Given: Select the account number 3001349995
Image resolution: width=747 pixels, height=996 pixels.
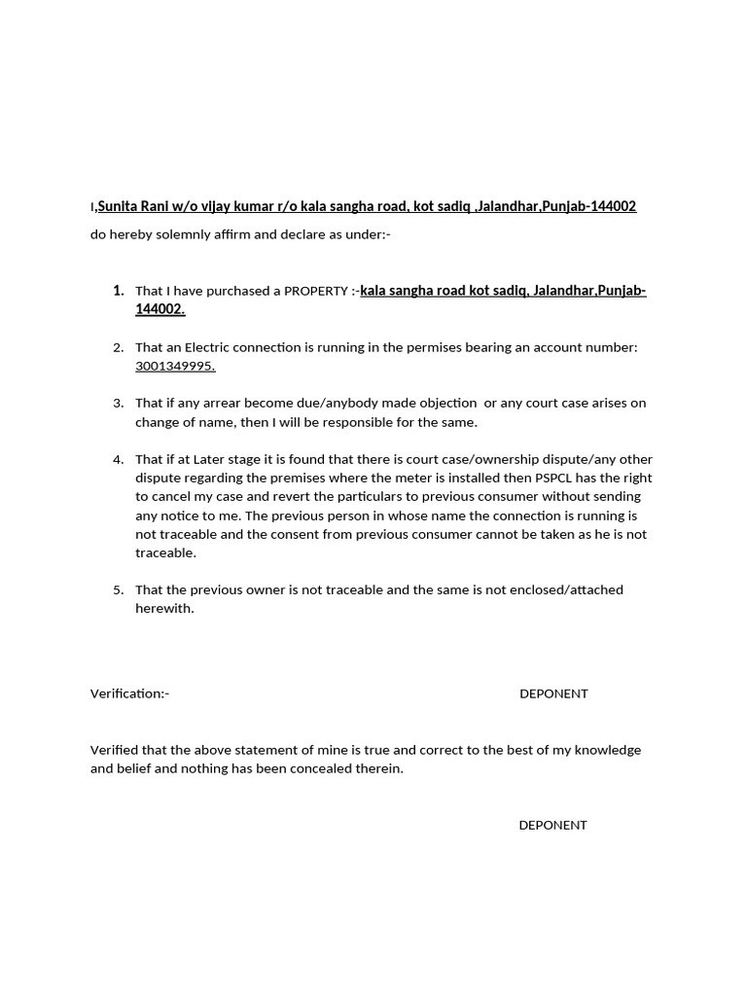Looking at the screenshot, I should [x=175, y=366].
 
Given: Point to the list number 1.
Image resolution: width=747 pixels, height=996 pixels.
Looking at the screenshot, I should [x=118, y=291].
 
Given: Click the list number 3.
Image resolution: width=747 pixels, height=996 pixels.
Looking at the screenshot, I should [x=118, y=403].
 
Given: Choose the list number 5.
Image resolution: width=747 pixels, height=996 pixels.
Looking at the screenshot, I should [x=118, y=589].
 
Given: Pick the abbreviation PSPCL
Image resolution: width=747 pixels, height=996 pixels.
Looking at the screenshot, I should [x=557, y=478].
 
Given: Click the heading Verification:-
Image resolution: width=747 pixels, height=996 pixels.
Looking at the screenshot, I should [x=129, y=694].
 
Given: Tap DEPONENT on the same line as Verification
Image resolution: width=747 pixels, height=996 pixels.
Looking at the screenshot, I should [x=553, y=694].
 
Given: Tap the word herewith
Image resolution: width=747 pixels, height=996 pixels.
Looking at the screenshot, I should [x=164, y=608].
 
